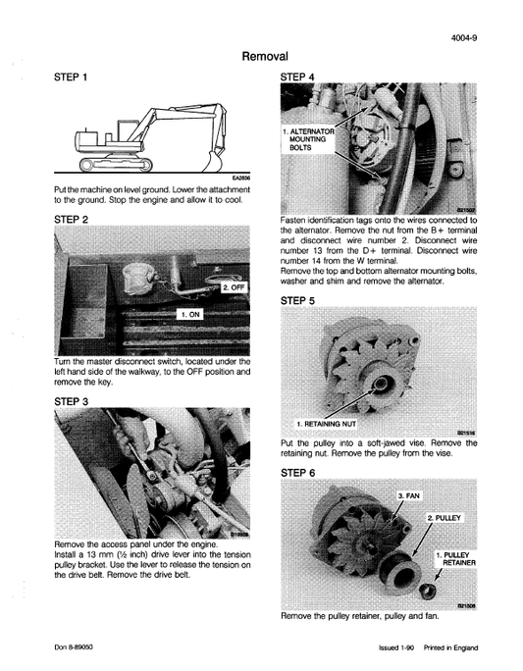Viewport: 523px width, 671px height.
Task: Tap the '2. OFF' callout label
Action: point(238,287)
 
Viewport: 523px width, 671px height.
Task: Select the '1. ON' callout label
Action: point(192,315)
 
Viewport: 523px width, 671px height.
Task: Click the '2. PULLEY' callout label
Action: point(445,517)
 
